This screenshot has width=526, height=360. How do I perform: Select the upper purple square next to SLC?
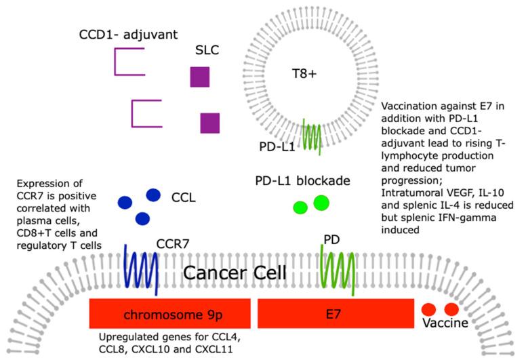(199, 77)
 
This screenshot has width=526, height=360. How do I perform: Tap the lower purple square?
(209, 123)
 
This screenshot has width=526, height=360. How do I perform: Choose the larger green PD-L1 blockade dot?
(321, 203)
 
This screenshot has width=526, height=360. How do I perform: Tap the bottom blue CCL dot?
(142, 218)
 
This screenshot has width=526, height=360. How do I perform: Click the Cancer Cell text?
(237, 274)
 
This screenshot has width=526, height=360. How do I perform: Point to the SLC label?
(207, 52)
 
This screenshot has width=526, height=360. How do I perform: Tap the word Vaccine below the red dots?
(445, 323)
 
